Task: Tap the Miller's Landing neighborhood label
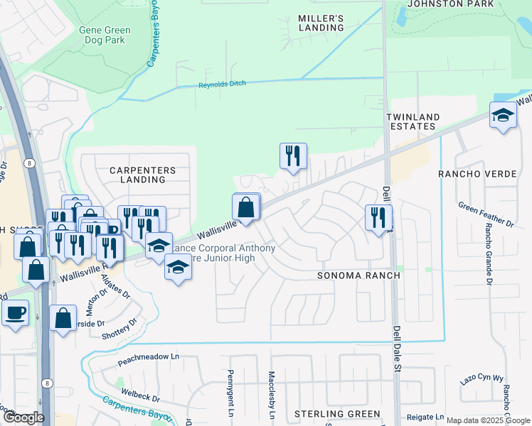click(x=321, y=23)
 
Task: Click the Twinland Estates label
click(x=413, y=121)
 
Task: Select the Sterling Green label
click(x=337, y=413)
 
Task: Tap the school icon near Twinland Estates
click(x=503, y=116)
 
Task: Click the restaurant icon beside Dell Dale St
click(x=378, y=217)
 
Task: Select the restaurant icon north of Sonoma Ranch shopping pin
click(x=293, y=155)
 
